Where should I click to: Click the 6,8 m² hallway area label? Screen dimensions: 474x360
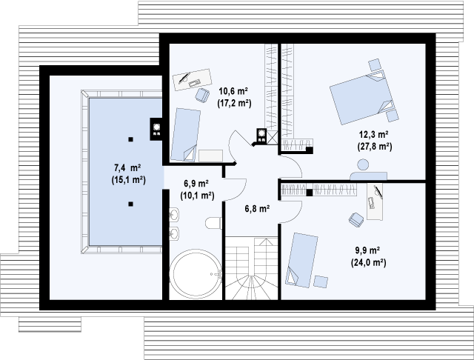(257, 209)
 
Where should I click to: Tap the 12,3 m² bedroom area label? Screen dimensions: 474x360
(373, 134)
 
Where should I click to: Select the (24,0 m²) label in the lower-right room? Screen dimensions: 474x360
(369, 263)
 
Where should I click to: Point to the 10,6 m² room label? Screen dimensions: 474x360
(234, 90)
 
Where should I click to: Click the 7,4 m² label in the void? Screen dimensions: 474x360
(127, 167)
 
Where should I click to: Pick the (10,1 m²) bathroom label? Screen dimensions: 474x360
(198, 196)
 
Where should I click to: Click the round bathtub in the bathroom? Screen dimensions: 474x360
(196, 273)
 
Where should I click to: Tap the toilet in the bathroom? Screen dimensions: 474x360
(214, 224)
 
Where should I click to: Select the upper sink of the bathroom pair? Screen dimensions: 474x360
(174, 216)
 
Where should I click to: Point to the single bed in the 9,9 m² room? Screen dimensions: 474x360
(301, 260)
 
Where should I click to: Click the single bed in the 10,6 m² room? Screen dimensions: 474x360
(185, 135)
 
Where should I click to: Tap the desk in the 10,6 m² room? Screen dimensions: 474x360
(193, 79)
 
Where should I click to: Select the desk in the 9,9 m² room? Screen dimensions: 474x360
(375, 201)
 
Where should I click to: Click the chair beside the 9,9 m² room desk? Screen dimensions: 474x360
(356, 219)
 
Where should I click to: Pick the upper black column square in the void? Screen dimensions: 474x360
(130, 139)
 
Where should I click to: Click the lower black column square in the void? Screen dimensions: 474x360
(130, 204)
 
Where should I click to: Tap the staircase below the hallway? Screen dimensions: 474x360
(252, 268)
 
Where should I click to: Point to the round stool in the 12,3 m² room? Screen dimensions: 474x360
(363, 164)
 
